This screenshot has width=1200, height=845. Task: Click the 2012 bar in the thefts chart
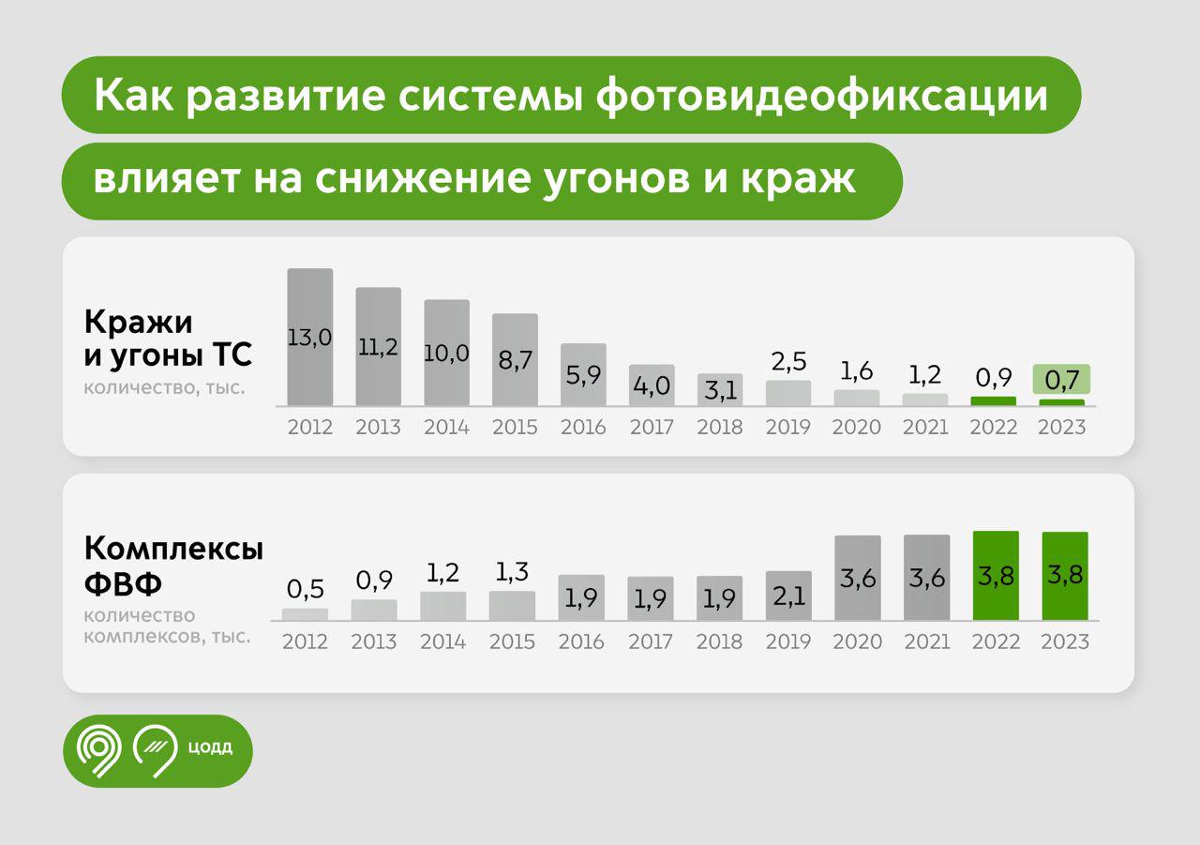point(309,338)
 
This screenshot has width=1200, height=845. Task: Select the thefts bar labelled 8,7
point(515,360)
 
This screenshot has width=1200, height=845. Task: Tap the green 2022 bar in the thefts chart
point(993,401)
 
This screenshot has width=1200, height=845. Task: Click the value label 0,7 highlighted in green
point(1061,381)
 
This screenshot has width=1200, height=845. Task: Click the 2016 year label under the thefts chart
point(583,428)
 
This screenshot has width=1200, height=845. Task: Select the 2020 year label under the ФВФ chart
point(857,642)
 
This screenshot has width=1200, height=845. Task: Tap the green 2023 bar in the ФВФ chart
point(1065,576)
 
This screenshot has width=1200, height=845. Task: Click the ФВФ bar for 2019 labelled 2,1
point(788,596)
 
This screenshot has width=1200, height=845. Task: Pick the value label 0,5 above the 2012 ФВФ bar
point(305,590)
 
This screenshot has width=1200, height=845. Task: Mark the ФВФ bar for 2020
point(857,578)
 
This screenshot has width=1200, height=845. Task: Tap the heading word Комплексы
point(173,550)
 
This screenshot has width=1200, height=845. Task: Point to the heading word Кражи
point(138,323)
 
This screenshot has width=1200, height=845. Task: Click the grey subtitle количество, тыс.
point(164,386)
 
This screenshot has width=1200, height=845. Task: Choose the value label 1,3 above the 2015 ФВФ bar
point(512,571)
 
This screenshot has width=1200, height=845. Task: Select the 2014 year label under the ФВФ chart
point(443,642)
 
